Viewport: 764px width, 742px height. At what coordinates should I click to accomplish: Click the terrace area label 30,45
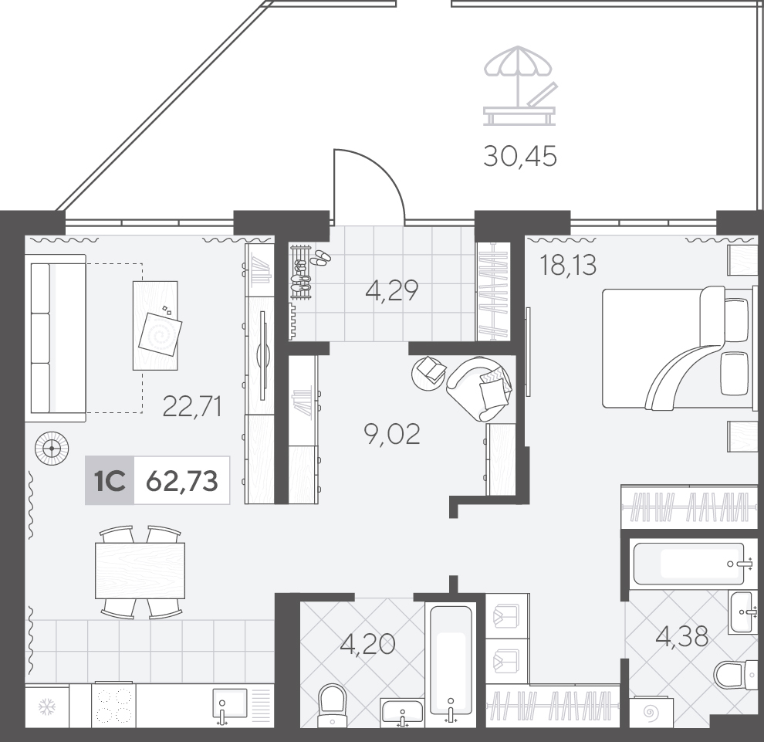[520, 157]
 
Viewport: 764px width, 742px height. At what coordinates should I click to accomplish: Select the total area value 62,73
[182, 481]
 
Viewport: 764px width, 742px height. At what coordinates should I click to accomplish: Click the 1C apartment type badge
[110, 481]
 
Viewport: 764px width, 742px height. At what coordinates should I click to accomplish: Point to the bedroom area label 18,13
[568, 265]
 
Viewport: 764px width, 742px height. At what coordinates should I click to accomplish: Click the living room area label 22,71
[192, 406]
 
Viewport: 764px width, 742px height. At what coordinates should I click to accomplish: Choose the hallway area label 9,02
[392, 434]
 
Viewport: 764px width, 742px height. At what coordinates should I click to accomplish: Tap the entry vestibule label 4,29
[392, 291]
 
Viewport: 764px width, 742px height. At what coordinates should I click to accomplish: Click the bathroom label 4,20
[367, 645]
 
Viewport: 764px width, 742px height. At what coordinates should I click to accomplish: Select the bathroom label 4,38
[681, 636]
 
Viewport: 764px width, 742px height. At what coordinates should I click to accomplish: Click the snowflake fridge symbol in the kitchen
[47, 706]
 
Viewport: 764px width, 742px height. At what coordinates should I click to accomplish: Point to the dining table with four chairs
[140, 571]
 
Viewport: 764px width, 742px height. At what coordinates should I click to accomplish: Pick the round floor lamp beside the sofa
[52, 448]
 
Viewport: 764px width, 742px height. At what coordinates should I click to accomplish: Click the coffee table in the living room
[155, 325]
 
